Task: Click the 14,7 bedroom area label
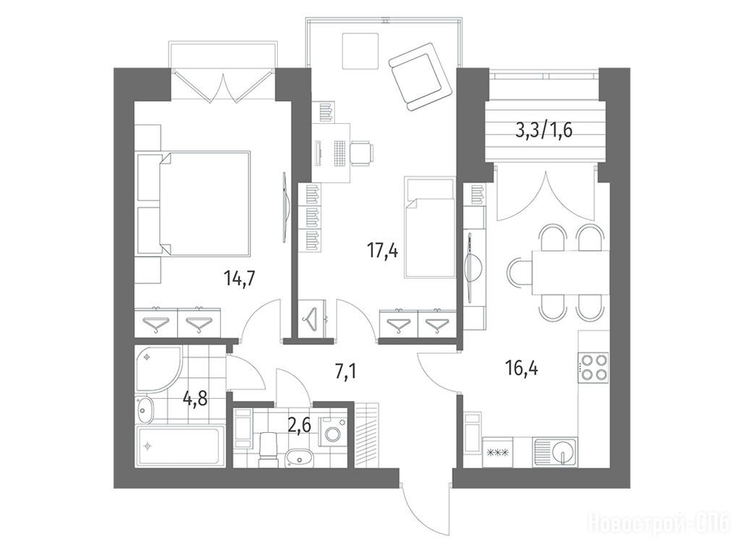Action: click(x=240, y=279)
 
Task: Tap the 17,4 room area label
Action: click(x=383, y=250)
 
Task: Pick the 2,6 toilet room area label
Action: click(x=299, y=426)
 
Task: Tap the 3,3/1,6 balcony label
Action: click(x=543, y=130)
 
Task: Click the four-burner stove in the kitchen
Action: click(x=593, y=368)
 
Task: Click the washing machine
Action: click(x=334, y=431)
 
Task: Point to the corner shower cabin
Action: click(x=158, y=368)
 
